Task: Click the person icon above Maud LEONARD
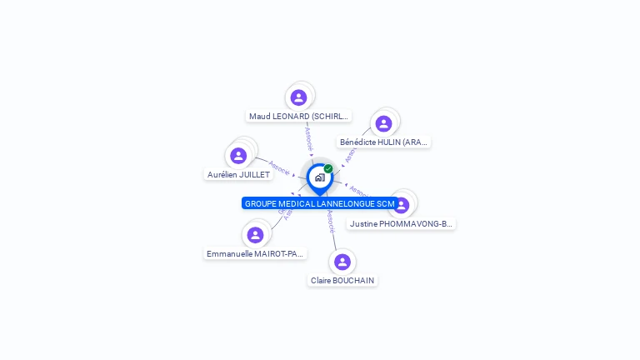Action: [298, 97]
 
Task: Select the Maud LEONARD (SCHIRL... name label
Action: [299, 117]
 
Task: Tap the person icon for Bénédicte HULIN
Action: [383, 123]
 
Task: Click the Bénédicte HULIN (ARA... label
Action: [384, 142]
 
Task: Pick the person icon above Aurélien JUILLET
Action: [238, 156]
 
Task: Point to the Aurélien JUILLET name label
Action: [238, 175]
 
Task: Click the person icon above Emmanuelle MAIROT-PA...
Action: [255, 235]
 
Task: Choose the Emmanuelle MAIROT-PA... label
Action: [256, 253]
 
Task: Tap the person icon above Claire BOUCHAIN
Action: [342, 262]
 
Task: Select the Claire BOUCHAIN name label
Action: [342, 281]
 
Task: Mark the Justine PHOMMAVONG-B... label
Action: [402, 224]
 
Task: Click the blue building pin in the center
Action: [319, 177]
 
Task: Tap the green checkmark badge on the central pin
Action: [328, 168]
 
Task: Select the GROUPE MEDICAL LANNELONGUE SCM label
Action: [319, 203]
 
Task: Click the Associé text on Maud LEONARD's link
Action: [308, 137]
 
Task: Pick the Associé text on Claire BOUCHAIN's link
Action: [331, 221]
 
